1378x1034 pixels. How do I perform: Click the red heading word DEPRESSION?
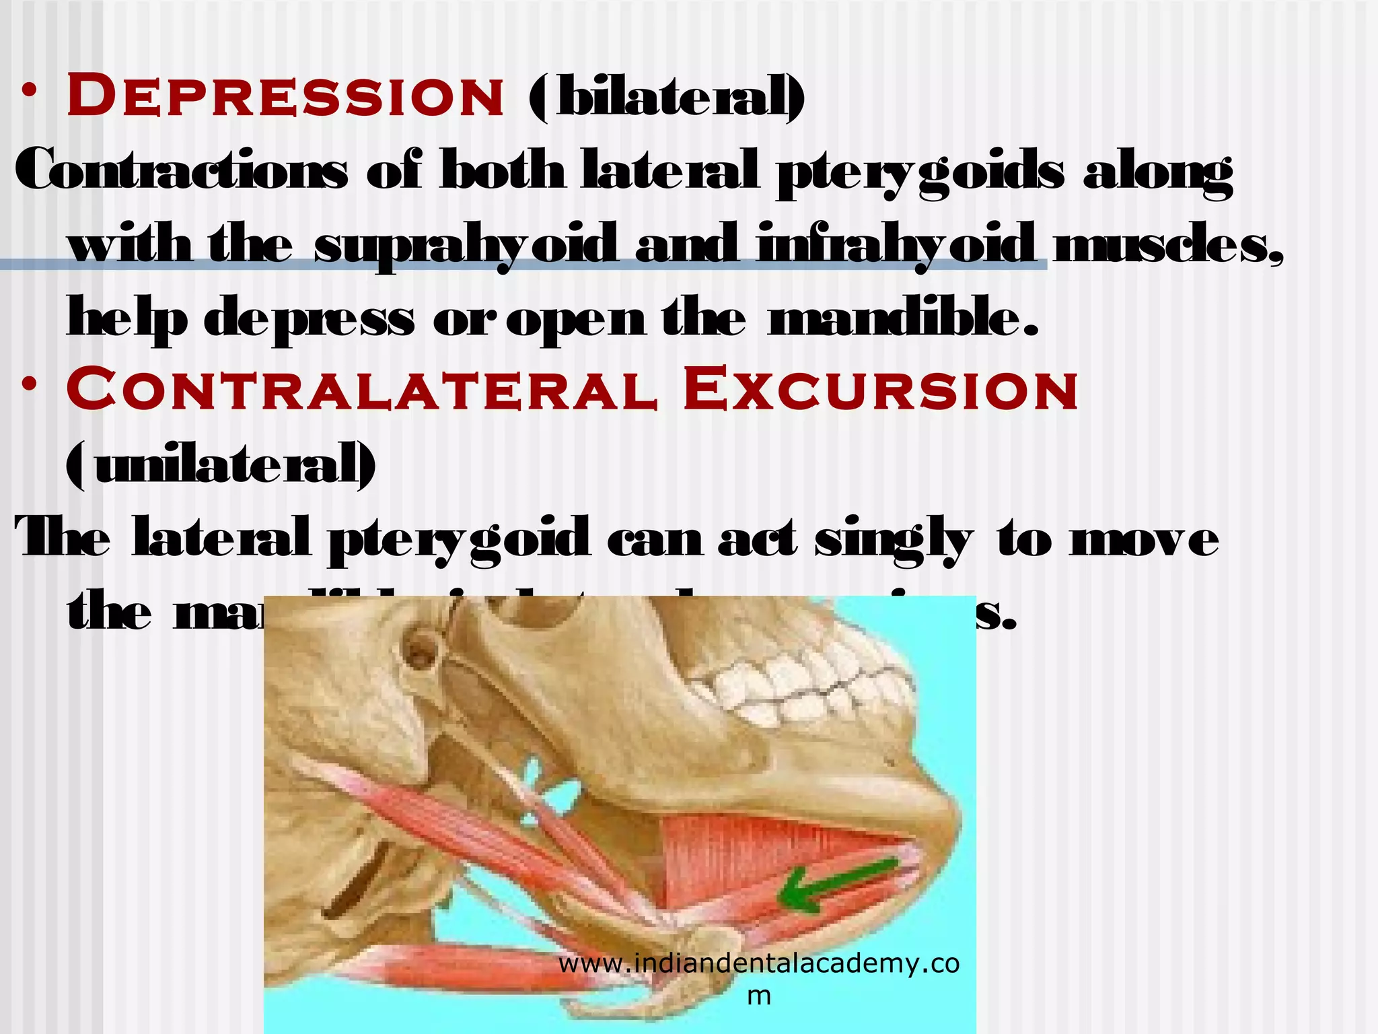point(285,96)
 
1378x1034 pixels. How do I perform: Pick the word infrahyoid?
point(898,246)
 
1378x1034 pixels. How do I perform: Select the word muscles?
point(1167,245)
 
